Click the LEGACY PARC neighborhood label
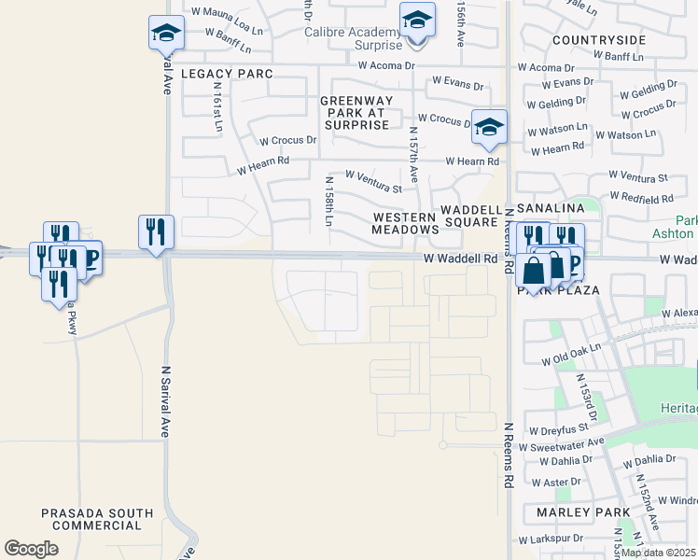[227, 74]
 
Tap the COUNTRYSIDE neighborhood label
[598, 40]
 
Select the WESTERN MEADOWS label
[405, 223]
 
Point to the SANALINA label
[551, 207]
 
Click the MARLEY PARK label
[570, 512]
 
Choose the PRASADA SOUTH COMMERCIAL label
[97, 519]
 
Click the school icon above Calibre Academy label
[417, 19]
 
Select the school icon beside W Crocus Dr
[488, 127]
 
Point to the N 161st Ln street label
[216, 107]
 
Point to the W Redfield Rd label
[641, 198]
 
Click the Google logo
[31, 549]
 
